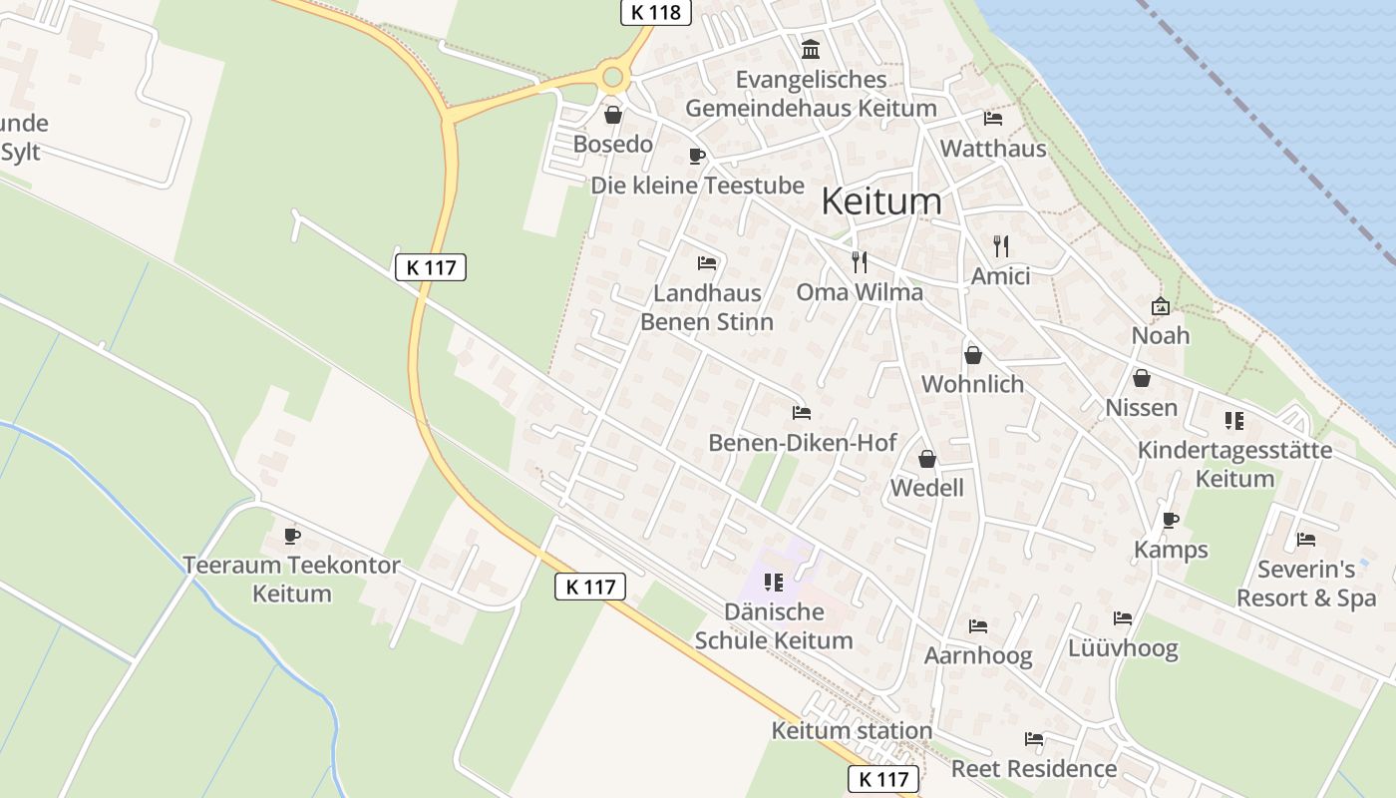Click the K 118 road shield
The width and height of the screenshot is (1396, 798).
[656, 12]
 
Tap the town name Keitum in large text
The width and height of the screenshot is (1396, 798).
[880, 201]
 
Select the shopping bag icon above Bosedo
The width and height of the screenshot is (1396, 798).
[613, 116]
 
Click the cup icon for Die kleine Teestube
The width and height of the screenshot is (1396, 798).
[697, 156]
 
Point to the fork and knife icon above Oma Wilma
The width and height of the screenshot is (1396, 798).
[860, 262]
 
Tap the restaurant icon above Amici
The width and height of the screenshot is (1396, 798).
[1001, 245]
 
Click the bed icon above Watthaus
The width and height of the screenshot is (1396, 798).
[993, 119]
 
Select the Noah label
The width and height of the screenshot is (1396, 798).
[1161, 335]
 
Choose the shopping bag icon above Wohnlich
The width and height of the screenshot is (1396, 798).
[972, 355]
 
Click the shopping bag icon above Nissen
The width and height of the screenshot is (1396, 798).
[1142, 378]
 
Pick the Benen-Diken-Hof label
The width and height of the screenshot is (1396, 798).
[803, 442]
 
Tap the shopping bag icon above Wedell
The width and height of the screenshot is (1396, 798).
[927, 459]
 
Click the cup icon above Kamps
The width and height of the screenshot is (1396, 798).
[1171, 521]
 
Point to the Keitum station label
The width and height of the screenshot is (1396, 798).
[852, 731]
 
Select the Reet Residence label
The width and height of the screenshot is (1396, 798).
[1034, 769]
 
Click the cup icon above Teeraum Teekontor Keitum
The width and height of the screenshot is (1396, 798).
[292, 536]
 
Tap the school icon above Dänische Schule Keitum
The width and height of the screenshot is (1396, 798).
[774, 582]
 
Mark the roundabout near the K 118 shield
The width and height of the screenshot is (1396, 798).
[612, 76]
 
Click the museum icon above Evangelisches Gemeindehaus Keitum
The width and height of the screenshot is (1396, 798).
[811, 49]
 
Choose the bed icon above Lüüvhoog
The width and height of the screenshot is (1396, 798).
[1123, 618]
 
